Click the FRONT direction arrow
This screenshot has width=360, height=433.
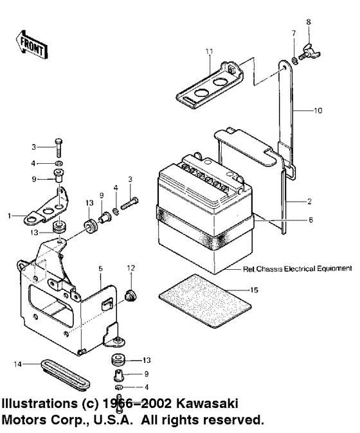pyautogui.click(x=30, y=44)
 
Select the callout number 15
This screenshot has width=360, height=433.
pyautogui.click(x=254, y=290)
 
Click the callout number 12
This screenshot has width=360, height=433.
pyautogui.click(x=130, y=267)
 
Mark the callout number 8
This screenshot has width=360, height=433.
pyautogui.click(x=308, y=22)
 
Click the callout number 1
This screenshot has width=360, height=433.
pyautogui.click(x=10, y=216)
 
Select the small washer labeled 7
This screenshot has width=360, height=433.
pyautogui.click(x=294, y=60)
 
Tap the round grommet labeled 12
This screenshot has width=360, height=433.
pyautogui.click(x=129, y=296)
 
